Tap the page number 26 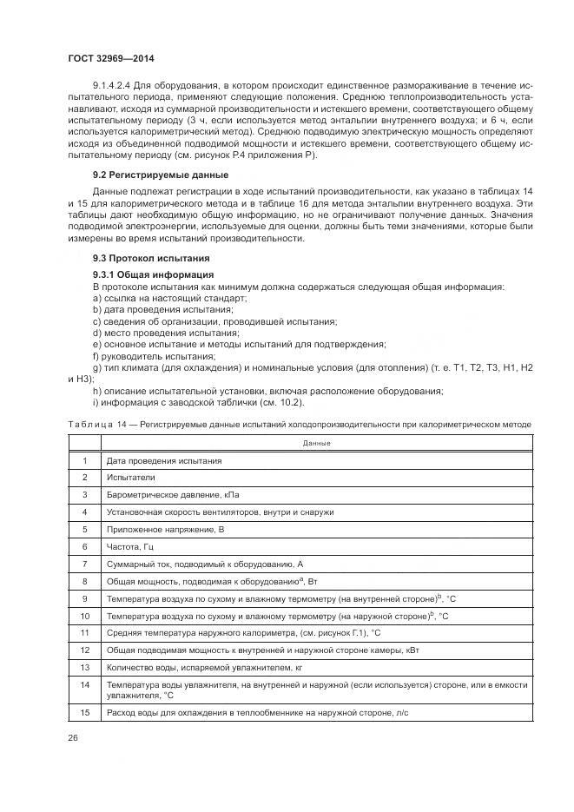click(72, 736)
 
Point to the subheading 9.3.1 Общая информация click(146, 274)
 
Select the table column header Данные click(316, 443)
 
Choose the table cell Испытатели click(130, 478)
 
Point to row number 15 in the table click(85, 712)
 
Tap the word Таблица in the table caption click(90, 423)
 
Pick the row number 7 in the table click(85, 564)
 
